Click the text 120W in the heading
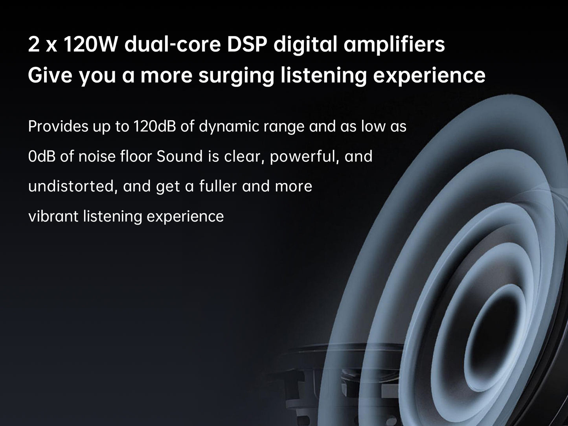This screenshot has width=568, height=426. pos(90,44)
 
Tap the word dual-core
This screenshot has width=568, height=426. pos(173,44)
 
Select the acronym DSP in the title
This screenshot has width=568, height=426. pos(247,44)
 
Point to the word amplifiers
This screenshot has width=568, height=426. pos(394,46)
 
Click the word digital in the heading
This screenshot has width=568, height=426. pos(305,46)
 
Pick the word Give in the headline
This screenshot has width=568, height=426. pos(50,75)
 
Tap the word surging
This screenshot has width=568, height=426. pos(236,76)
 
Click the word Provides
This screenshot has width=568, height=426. pos(58,127)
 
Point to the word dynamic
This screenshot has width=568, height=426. pos(229,127)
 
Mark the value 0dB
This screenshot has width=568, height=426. pos(42,156)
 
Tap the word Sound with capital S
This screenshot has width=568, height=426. pos(179,156)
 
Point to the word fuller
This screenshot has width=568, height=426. pos(218,186)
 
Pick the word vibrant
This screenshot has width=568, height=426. pos(53,216)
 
